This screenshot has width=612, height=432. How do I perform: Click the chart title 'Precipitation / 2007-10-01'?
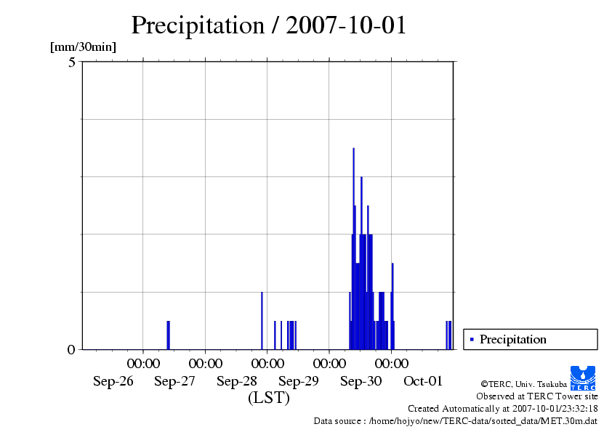point(268,25)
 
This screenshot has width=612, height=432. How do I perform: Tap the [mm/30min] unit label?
point(83,47)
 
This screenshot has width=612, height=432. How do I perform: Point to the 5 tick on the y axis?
point(72,62)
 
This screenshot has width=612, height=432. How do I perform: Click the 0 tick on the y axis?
point(71,350)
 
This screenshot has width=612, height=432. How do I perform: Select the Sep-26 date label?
point(113,380)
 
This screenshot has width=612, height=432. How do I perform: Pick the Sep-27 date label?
point(175,380)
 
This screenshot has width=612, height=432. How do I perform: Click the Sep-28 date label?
point(237,380)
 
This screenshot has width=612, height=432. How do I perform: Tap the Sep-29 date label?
point(299,380)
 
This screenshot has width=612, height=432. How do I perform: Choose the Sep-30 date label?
point(361,380)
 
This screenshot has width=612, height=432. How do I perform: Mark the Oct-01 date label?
point(423,380)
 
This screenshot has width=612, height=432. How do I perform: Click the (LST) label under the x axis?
point(269,398)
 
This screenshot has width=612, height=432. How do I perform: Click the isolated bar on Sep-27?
point(168,335)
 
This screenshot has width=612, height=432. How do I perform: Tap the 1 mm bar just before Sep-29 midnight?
point(262,319)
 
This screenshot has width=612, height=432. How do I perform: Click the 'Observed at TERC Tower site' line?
point(537,396)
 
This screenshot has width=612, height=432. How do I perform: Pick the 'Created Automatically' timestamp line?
point(502,409)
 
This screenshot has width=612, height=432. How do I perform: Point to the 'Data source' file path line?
point(455,421)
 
